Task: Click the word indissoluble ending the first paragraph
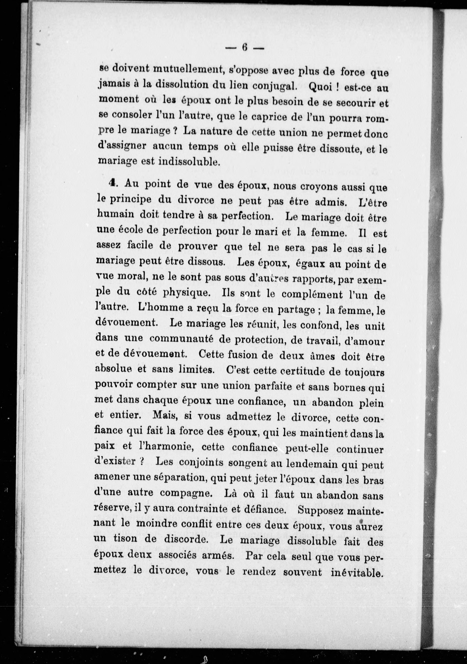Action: pos(189,161)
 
